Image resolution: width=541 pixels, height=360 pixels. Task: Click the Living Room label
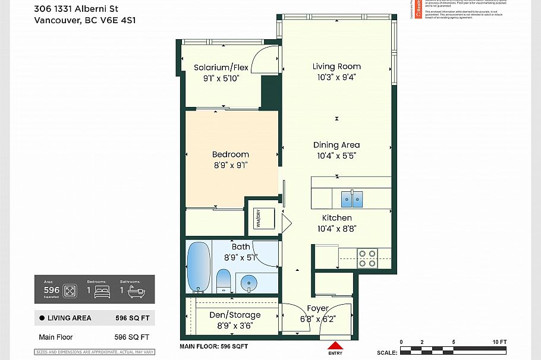click(336, 67)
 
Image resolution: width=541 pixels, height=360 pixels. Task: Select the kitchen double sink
click(351, 199)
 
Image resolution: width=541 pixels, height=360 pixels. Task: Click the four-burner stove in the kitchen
click(367, 258)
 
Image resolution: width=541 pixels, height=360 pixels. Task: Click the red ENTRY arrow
click(335, 346)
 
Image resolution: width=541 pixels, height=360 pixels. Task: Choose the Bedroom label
click(231, 154)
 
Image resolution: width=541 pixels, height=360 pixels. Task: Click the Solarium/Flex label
click(221, 68)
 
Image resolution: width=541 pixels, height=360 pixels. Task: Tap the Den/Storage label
click(235, 315)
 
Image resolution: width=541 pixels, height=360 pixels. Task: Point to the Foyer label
click(318, 308)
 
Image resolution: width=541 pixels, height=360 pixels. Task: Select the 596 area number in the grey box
click(51, 290)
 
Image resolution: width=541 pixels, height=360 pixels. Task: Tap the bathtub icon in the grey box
click(136, 292)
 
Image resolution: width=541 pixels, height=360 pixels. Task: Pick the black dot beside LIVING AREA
click(42, 318)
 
